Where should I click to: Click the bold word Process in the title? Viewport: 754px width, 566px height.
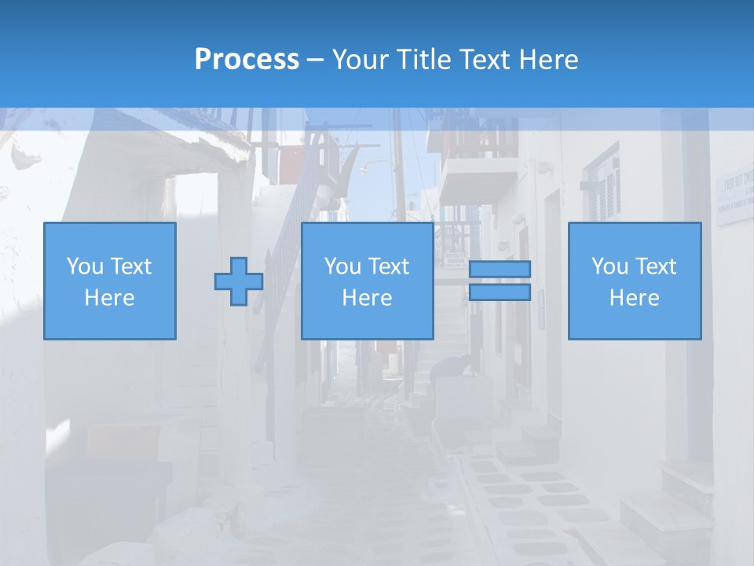[247, 60]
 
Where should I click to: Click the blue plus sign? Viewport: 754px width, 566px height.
[239, 281]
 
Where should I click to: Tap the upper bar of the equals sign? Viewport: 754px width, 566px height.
[500, 269]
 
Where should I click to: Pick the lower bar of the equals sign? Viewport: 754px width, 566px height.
[500, 292]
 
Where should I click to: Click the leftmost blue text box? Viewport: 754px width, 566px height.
[109, 281]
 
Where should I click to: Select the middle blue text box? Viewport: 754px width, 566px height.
[367, 281]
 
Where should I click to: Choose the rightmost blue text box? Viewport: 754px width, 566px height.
[634, 281]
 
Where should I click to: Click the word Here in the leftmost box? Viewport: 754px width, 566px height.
[109, 298]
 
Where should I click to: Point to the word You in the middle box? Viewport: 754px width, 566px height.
[342, 266]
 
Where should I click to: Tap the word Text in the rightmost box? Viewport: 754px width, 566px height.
[656, 266]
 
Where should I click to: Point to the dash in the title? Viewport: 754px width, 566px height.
[316, 60]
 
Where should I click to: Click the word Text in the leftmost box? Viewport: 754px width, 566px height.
[131, 266]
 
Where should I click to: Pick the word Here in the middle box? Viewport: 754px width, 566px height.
[367, 298]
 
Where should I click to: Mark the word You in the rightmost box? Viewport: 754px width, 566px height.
[609, 266]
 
